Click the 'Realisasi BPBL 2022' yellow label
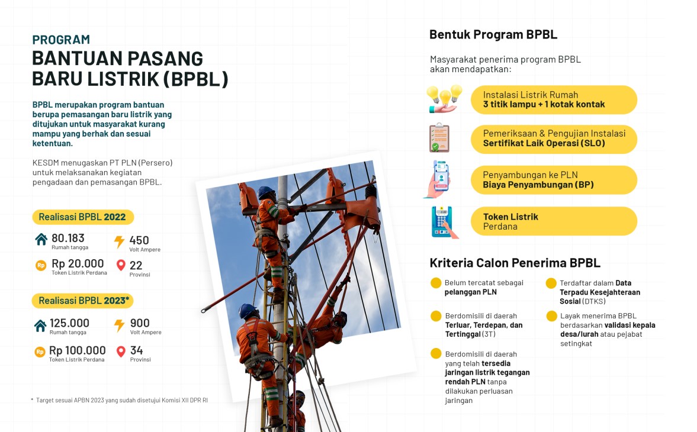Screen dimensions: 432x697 coord(82,217)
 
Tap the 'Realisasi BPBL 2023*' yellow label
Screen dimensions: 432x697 coord(83,301)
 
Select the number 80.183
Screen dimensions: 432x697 coord(68,238)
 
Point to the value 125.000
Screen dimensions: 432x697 coord(69,323)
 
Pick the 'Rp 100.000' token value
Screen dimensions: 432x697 coord(78,350)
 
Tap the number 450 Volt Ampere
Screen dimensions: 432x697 coord(139,240)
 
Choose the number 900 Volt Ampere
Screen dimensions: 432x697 coord(139,323)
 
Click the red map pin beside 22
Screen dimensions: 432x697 coord(121,266)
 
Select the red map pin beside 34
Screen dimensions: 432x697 coord(121,352)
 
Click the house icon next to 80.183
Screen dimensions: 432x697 coord(41,240)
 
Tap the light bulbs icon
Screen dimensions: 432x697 coord(444,98)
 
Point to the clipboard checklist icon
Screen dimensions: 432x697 coord(439,138)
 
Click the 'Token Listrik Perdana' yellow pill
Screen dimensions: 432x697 coord(554,221)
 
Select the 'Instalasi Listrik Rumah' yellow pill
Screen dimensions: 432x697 coord(554,99)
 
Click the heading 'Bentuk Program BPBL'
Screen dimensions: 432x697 coord(493,34)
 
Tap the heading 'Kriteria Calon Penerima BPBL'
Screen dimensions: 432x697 coord(515,263)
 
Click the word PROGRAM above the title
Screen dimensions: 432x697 coord(61,40)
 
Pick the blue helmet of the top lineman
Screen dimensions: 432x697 coord(266,192)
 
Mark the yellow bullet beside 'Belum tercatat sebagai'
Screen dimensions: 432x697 coord(436,283)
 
